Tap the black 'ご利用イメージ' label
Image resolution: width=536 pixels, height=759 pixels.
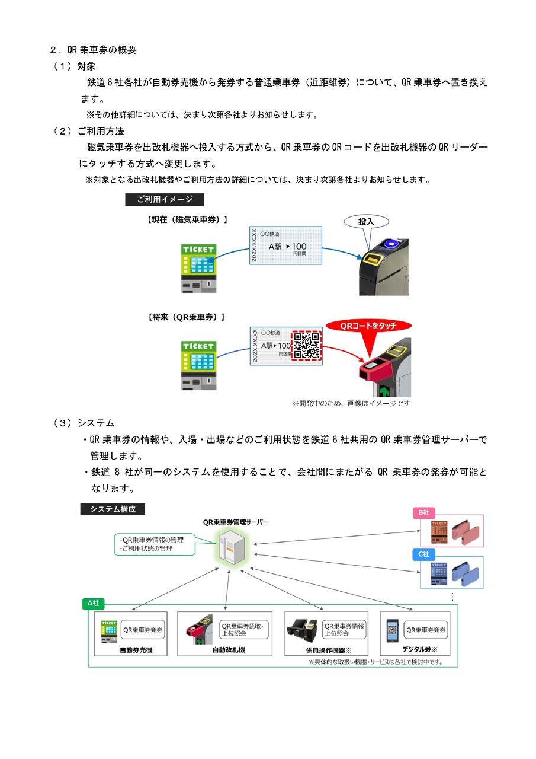point(165,200)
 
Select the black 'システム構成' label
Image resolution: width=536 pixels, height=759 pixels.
point(113,509)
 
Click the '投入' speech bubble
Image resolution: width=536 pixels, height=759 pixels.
point(366,222)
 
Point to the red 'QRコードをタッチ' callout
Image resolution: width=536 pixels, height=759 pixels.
point(368,326)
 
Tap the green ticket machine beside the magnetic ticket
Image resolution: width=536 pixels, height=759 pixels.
point(198,266)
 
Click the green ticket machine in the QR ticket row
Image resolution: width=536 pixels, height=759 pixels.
point(198,363)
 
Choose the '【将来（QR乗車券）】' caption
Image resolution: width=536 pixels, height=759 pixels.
point(186,317)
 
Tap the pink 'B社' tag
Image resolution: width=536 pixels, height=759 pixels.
point(423,512)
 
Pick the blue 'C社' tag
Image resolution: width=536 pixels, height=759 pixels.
point(423,554)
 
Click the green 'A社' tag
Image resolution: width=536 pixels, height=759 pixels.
point(94,603)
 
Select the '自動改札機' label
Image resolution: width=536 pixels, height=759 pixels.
point(229,650)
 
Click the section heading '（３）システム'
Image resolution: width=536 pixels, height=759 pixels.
point(84,423)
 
